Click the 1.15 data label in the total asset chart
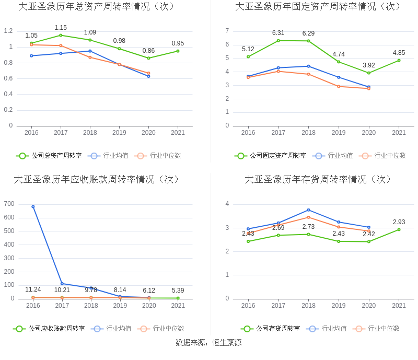(x=61, y=28)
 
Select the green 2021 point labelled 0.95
(x=178, y=51)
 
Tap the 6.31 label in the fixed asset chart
(x=278, y=33)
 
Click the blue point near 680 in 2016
(x=33, y=206)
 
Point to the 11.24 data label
(x=33, y=289)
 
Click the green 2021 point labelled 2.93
(x=399, y=229)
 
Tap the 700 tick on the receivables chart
(x=8, y=204)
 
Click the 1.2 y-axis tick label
(x=8, y=31)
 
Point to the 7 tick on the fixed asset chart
(x=227, y=31)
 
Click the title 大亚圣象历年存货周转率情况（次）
(x=318, y=179)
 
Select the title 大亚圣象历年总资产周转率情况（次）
(x=97, y=6)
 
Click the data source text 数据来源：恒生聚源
(x=208, y=343)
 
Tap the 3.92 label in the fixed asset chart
(x=368, y=65)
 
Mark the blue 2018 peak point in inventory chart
(x=308, y=210)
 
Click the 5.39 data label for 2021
(x=178, y=291)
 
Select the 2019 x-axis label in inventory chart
(x=339, y=306)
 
